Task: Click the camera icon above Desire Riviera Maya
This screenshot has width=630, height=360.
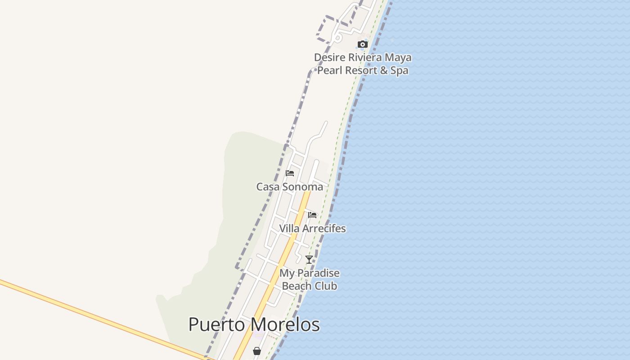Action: click(x=362, y=44)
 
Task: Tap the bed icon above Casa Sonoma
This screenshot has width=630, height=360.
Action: click(x=290, y=173)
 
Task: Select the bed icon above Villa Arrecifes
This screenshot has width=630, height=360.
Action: click(x=312, y=215)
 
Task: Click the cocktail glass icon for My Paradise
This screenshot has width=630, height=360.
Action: click(x=309, y=260)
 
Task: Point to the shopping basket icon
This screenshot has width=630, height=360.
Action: click(x=256, y=351)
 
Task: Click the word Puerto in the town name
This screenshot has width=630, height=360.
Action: click(x=217, y=325)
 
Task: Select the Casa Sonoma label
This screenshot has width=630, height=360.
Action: click(x=289, y=187)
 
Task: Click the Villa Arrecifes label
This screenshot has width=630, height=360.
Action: click(x=312, y=229)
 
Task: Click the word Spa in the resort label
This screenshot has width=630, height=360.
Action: click(x=399, y=71)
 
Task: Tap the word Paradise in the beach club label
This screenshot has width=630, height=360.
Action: click(x=317, y=273)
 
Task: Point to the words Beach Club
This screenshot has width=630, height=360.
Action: click(x=309, y=286)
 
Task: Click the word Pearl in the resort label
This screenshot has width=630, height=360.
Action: click(x=329, y=71)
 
